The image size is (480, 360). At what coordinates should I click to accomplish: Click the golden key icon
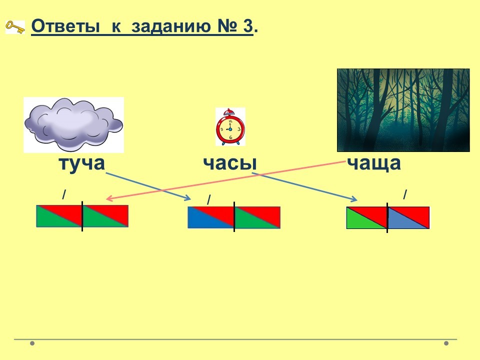click(x=15, y=27)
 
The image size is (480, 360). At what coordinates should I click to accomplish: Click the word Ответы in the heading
click(x=65, y=26)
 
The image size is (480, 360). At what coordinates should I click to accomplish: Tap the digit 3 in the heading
click(x=248, y=26)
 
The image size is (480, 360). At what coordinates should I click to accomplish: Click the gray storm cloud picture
click(x=73, y=124)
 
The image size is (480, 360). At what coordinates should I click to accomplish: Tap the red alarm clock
click(x=230, y=126)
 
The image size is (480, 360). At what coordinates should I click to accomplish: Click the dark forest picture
click(x=403, y=110)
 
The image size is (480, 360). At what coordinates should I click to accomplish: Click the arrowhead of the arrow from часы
click(x=354, y=199)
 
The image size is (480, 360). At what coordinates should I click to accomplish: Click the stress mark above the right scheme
click(x=405, y=194)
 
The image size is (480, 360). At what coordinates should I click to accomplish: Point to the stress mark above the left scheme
click(x=64, y=194)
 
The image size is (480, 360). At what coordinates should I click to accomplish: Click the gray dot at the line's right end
click(x=446, y=343)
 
